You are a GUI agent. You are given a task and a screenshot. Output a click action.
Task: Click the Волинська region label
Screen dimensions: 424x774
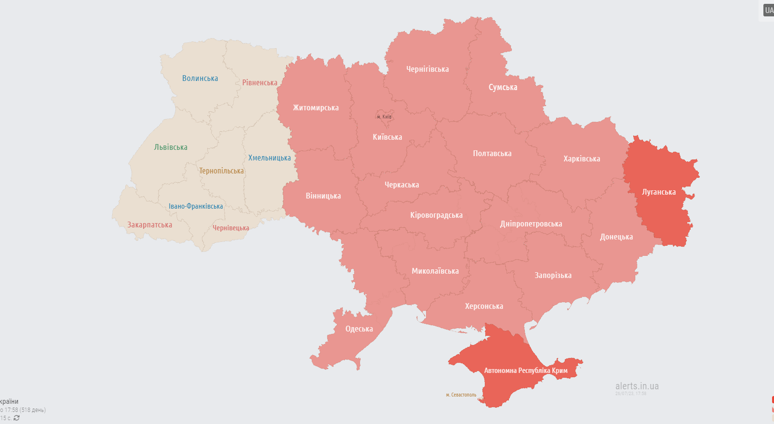click(200, 79)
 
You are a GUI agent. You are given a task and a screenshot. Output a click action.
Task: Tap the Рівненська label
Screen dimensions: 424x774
click(260, 83)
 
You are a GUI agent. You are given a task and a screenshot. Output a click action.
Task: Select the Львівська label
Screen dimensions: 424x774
click(171, 147)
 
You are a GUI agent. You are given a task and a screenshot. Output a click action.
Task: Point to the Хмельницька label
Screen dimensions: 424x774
click(269, 158)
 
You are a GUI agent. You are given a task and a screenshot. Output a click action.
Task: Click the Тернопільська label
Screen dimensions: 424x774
click(221, 171)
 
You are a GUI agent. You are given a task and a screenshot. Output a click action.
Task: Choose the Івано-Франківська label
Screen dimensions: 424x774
click(196, 206)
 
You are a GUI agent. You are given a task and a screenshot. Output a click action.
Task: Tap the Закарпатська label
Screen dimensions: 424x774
click(149, 225)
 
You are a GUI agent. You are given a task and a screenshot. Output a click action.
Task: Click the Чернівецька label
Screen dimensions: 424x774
click(231, 228)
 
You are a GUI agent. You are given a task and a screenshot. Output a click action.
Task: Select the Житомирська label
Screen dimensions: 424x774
click(316, 108)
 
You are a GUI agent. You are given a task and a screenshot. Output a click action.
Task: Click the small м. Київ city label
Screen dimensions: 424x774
click(384, 117)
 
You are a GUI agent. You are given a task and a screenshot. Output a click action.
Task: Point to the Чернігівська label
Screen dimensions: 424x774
click(427, 69)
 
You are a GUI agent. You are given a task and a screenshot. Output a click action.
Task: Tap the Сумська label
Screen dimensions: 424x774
click(503, 87)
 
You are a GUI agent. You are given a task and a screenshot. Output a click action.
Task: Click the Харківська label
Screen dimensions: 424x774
click(582, 159)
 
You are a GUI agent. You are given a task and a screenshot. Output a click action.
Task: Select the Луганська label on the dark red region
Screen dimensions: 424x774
click(659, 192)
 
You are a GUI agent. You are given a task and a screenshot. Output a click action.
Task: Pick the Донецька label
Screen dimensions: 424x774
click(616, 237)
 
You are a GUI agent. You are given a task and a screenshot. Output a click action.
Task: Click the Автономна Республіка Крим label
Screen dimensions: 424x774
click(526, 371)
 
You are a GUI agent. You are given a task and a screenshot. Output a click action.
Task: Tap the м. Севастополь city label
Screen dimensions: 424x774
click(461, 395)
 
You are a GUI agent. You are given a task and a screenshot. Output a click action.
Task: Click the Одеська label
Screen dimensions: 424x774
click(359, 329)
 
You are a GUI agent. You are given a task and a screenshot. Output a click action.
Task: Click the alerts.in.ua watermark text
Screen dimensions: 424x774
click(637, 386)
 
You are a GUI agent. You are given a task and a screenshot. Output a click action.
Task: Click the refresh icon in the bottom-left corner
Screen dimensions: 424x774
click(17, 418)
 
